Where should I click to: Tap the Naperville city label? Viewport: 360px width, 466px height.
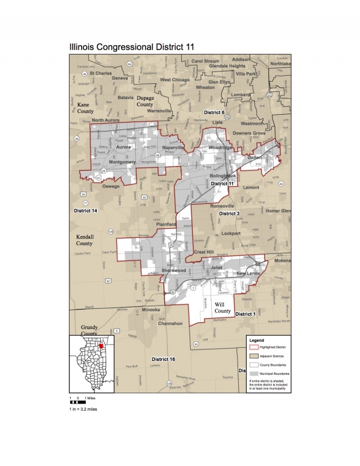(x=175, y=147)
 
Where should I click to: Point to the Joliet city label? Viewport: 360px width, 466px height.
(x=217, y=264)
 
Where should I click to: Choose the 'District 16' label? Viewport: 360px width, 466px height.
(x=163, y=359)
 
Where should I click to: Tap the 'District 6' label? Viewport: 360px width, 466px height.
(x=214, y=112)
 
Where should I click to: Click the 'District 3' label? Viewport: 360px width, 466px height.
(x=229, y=213)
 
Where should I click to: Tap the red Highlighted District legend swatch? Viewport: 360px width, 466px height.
(x=254, y=348)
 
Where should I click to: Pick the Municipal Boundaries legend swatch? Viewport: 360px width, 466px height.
(x=254, y=373)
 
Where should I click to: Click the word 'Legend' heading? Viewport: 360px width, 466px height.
(x=256, y=340)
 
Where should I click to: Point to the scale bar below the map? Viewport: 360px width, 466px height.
(x=78, y=402)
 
